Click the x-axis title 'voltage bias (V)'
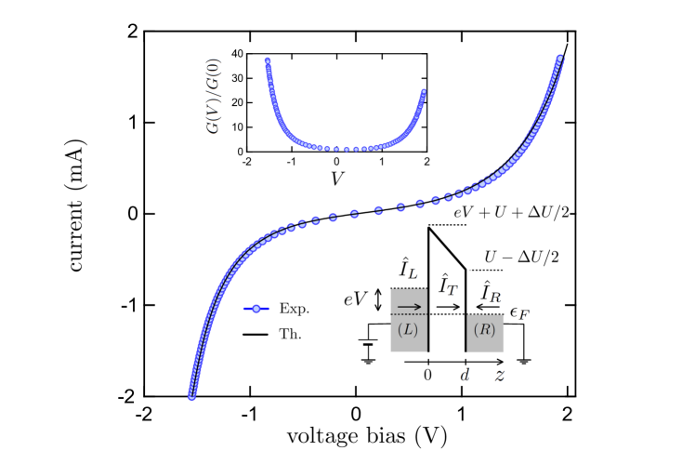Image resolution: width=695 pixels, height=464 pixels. point(366,435)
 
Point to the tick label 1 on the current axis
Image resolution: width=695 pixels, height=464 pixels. point(132,122)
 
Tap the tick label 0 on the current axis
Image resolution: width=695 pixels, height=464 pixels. point(132,214)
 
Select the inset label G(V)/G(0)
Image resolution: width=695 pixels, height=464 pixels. point(213,98)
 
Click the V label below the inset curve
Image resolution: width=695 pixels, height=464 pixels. point(337,179)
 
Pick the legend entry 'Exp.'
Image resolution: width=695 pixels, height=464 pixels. point(294,309)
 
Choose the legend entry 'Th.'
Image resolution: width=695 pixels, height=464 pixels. point(290,333)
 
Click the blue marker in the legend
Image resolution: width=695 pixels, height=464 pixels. point(256,309)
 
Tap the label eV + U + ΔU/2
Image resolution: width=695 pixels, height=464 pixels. point(511,213)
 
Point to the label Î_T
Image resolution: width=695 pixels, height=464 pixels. point(448,285)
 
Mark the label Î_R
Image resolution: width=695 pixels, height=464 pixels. point(490,291)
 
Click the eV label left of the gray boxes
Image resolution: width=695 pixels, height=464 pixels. point(356,298)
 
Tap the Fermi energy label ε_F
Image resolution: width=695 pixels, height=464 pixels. point(519,312)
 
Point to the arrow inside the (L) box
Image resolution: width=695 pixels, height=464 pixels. point(409,305)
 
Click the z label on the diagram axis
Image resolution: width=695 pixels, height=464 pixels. point(499,375)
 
